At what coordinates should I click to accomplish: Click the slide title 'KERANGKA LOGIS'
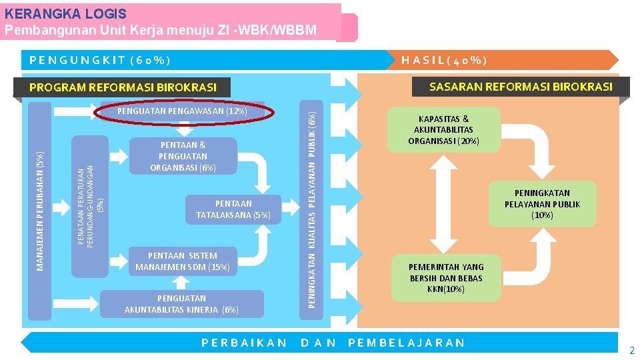(x=70, y=14)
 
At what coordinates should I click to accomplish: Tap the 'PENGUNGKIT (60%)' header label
(x=101, y=61)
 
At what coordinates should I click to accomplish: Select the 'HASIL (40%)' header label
(x=444, y=61)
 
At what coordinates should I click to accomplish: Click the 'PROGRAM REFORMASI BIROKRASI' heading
(x=123, y=87)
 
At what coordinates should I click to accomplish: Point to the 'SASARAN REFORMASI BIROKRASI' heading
(x=521, y=87)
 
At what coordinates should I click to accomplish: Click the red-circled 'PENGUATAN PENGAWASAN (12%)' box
(x=182, y=111)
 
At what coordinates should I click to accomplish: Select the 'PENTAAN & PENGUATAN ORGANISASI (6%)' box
(x=183, y=156)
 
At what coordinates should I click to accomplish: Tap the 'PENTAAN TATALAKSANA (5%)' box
(x=233, y=209)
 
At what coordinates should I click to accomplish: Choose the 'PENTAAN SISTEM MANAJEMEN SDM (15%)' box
(x=183, y=261)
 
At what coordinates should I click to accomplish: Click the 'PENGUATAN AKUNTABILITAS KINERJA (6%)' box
(x=182, y=303)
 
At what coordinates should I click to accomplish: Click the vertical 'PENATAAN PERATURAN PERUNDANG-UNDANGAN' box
(x=90, y=207)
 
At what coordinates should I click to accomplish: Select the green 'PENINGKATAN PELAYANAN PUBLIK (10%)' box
(x=542, y=204)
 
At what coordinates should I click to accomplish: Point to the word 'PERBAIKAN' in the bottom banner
(x=244, y=343)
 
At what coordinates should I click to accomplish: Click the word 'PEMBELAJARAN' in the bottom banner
(x=407, y=343)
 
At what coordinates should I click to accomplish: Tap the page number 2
(x=632, y=351)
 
